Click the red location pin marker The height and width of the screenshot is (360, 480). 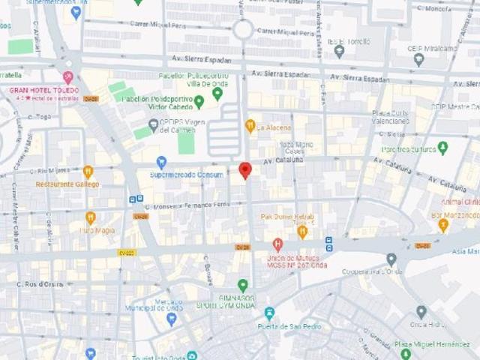click(x=245, y=170)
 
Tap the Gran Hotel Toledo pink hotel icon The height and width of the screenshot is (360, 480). click(x=68, y=77)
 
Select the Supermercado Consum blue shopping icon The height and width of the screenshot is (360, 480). click(x=161, y=162)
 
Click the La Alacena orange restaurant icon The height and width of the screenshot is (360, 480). click(x=250, y=125)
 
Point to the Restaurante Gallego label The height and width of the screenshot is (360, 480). click(x=67, y=184)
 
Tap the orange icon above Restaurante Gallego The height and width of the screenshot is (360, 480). click(x=88, y=172)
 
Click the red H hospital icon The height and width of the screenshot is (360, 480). click(x=277, y=244)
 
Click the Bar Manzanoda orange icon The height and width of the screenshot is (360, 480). click(x=443, y=225)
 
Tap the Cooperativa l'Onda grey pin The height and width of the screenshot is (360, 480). click(x=391, y=259)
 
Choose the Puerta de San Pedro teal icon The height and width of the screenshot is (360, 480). click(x=270, y=313)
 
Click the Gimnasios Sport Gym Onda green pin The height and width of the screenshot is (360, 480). click(x=242, y=285)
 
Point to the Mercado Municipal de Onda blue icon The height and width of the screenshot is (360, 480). click(x=172, y=319)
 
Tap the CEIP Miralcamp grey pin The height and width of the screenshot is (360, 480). click(x=418, y=59)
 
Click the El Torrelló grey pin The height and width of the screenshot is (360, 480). click(x=339, y=51)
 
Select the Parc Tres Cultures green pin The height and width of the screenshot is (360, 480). click(x=442, y=148)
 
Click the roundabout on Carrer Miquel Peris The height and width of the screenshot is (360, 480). click(x=243, y=30)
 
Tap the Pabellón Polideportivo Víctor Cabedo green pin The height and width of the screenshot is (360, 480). click(x=199, y=101)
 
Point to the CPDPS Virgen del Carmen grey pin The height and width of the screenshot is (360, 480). click(x=153, y=125)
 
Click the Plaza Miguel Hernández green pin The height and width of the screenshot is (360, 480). click(x=406, y=353)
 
